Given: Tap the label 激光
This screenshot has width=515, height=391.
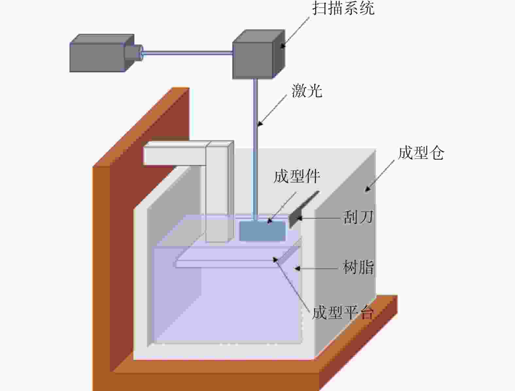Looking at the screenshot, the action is [x=307, y=91].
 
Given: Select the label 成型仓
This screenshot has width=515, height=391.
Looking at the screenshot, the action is [x=421, y=153].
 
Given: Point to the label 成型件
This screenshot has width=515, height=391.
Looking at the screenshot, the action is [x=297, y=176].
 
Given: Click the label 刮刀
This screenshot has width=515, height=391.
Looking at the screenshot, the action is [x=358, y=217].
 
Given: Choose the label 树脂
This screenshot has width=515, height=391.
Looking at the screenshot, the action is [x=358, y=267].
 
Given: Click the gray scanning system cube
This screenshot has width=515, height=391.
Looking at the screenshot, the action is [x=259, y=54].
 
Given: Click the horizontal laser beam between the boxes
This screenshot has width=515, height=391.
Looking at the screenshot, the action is [x=187, y=53].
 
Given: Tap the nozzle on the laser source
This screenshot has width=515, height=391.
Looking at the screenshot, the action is [x=133, y=52].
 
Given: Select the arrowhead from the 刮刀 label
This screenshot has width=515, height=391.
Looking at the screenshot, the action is [x=299, y=218].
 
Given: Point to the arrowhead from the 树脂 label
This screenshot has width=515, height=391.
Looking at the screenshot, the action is [x=298, y=268].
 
